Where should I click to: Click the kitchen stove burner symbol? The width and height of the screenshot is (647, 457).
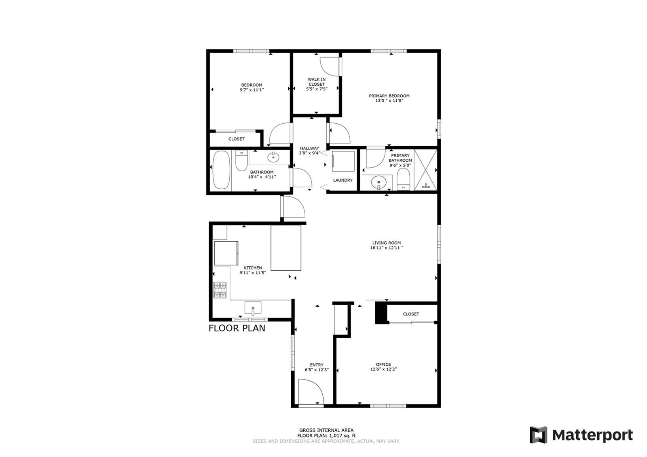[x=220, y=290]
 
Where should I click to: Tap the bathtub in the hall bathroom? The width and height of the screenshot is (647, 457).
[x=222, y=170]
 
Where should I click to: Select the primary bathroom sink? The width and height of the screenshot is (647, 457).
[x=378, y=183]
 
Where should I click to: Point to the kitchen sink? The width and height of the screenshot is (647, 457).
[x=253, y=308]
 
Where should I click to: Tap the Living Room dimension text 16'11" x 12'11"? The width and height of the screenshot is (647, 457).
[x=387, y=248]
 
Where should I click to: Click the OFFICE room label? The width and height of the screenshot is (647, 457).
[x=383, y=364]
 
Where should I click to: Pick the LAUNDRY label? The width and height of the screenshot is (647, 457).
[x=343, y=180]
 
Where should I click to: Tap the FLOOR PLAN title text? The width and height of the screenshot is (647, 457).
[x=237, y=328]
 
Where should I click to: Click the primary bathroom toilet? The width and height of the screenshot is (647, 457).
[x=403, y=179]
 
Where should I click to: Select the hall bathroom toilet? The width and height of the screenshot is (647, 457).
[x=241, y=160]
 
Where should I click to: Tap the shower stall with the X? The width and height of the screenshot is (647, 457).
[x=425, y=170]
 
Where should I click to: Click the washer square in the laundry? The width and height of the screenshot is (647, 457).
[x=343, y=161]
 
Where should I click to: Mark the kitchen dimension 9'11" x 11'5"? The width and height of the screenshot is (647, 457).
[x=253, y=273]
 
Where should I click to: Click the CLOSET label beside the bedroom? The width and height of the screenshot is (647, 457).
[x=236, y=139]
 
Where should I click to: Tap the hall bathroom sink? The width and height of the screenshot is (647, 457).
[x=273, y=157]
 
